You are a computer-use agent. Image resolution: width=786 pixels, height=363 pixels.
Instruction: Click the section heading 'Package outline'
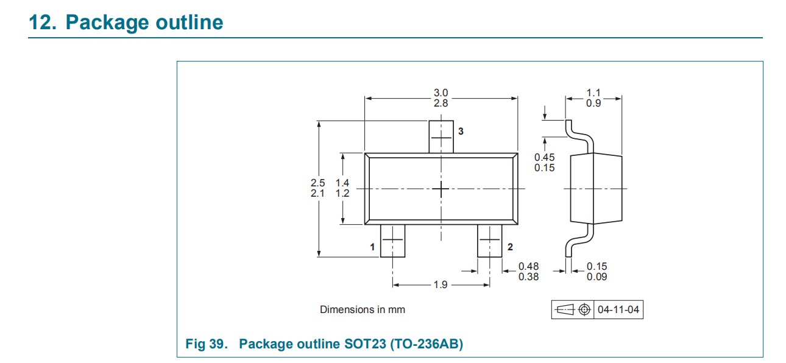(144, 22)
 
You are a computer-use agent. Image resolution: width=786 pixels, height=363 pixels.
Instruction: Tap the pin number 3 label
(461, 131)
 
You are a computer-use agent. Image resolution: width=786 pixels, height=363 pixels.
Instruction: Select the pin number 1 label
(372, 247)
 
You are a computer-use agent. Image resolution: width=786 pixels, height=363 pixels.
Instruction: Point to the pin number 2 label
(510, 247)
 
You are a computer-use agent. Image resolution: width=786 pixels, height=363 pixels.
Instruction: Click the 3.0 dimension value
(441, 93)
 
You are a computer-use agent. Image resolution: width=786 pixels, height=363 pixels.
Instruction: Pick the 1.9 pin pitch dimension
(441, 284)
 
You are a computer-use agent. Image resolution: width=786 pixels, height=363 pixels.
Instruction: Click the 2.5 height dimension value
(317, 183)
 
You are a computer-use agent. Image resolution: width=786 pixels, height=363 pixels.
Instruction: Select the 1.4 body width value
(342, 183)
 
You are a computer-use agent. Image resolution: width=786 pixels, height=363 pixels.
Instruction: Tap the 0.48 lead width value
(528, 266)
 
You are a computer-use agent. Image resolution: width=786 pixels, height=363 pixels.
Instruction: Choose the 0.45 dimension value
(544, 157)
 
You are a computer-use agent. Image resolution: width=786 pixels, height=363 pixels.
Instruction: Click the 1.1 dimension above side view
(593, 93)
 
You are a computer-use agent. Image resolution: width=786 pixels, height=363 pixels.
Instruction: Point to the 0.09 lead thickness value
(597, 277)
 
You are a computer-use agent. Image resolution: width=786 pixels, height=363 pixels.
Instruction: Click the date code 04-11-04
(618, 309)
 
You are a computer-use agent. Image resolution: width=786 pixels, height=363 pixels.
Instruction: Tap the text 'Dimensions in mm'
(363, 309)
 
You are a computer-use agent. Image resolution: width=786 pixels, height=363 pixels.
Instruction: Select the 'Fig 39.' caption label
(207, 344)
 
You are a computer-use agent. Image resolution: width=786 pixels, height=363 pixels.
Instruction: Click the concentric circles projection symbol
(584, 309)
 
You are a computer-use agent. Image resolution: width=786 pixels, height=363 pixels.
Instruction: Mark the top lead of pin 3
(441, 137)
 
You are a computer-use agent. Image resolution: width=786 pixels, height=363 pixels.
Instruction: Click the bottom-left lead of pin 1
(392, 241)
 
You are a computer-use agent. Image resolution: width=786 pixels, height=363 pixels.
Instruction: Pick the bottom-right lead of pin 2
(489, 241)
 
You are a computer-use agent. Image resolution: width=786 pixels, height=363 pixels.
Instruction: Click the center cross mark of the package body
(441, 189)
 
